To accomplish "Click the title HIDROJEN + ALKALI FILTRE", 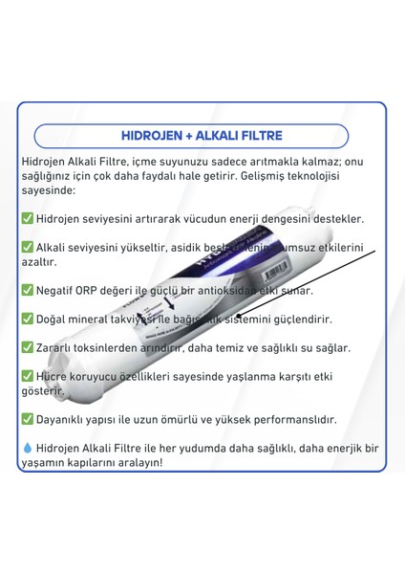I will click(202, 136).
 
